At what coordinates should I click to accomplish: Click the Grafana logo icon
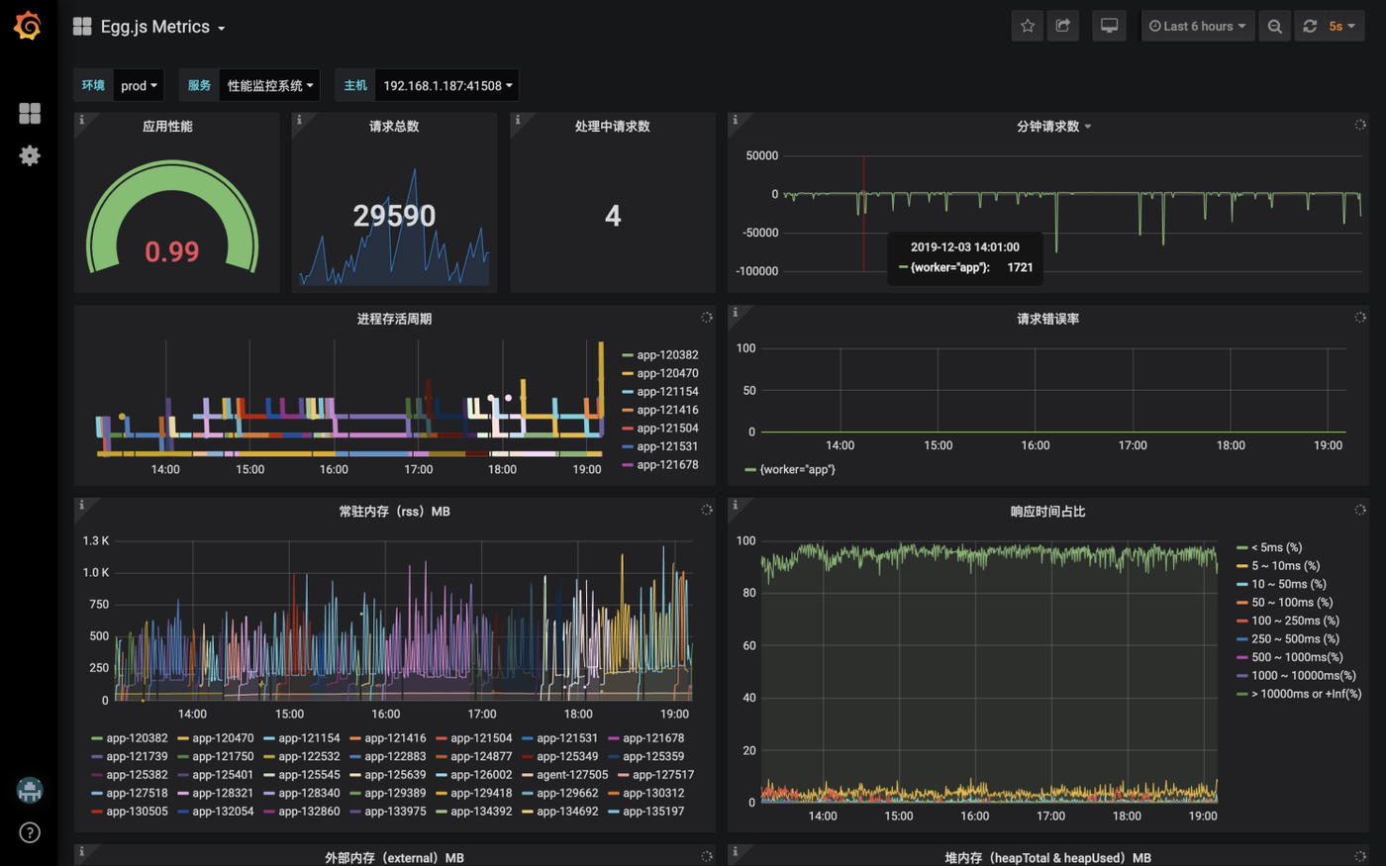tap(28, 26)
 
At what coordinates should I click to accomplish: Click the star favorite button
tap(1028, 26)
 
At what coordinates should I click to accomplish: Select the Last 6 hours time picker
tap(1197, 26)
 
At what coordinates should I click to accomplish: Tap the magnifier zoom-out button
tap(1275, 26)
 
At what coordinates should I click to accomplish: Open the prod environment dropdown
tap(139, 85)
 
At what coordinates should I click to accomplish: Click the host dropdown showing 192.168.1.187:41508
tap(447, 85)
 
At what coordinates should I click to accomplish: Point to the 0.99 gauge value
tap(172, 251)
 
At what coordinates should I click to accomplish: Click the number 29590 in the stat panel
tap(394, 216)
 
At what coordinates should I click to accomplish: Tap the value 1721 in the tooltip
tap(1020, 267)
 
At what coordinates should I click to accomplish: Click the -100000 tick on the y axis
tap(756, 271)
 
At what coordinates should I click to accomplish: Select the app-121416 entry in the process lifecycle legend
tap(660, 410)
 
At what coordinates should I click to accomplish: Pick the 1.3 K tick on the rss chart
tap(96, 540)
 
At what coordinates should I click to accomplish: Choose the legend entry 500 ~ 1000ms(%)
tap(1289, 657)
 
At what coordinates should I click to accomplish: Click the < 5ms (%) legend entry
tap(1269, 547)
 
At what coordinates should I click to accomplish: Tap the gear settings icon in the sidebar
tap(29, 155)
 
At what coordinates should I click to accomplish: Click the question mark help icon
tap(29, 832)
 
